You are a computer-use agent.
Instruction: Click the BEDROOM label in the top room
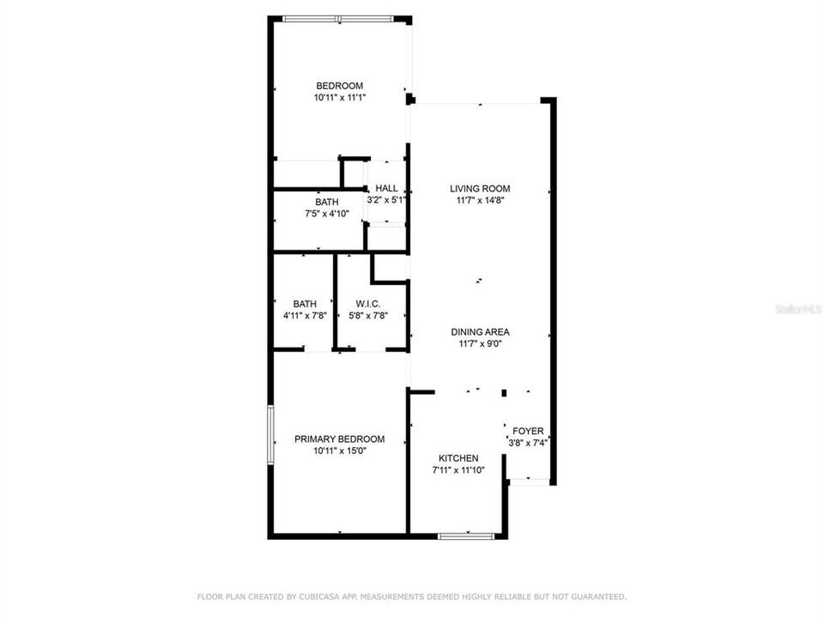click(339, 86)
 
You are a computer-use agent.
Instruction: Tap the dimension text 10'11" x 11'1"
click(339, 98)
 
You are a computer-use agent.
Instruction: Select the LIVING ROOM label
click(480, 189)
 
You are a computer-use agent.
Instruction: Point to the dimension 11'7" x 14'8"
click(480, 201)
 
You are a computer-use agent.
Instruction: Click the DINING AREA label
click(481, 332)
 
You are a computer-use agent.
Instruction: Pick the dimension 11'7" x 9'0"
click(481, 344)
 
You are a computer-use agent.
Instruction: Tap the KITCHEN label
click(458, 458)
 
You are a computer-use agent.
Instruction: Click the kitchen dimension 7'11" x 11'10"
click(458, 470)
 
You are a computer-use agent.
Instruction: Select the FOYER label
click(528, 431)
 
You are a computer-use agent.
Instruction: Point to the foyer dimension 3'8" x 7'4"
click(528, 444)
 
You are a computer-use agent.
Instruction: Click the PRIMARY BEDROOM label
click(339, 439)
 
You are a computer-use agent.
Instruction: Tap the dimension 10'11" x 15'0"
click(339, 451)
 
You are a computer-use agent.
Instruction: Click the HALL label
click(386, 189)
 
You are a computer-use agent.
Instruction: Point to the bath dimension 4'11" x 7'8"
click(305, 316)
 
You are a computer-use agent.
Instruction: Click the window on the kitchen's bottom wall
click(467, 536)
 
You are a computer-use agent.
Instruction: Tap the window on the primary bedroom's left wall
click(271, 435)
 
